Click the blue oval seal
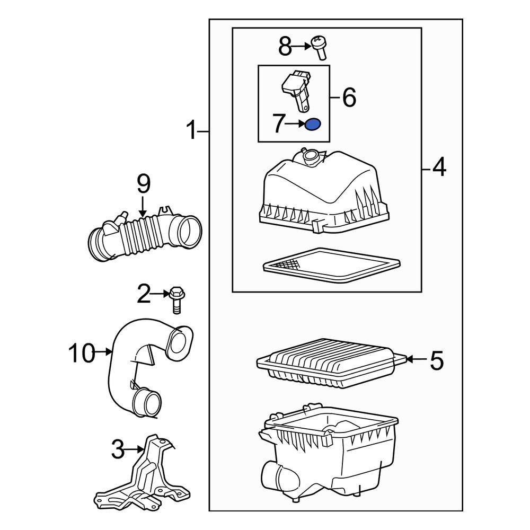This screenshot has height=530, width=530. coord(313,125)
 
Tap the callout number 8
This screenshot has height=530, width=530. coord(285,47)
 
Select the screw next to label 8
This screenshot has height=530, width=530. coord(319,47)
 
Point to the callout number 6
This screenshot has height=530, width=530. coord(349,98)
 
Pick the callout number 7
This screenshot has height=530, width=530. coord(279,125)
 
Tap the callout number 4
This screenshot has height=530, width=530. coord(439,169)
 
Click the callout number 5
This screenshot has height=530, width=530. coord(436,360)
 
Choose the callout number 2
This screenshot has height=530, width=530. coord(144,294)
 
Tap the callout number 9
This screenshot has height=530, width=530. coord(144,184)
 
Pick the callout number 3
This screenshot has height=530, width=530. coord(117,450)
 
